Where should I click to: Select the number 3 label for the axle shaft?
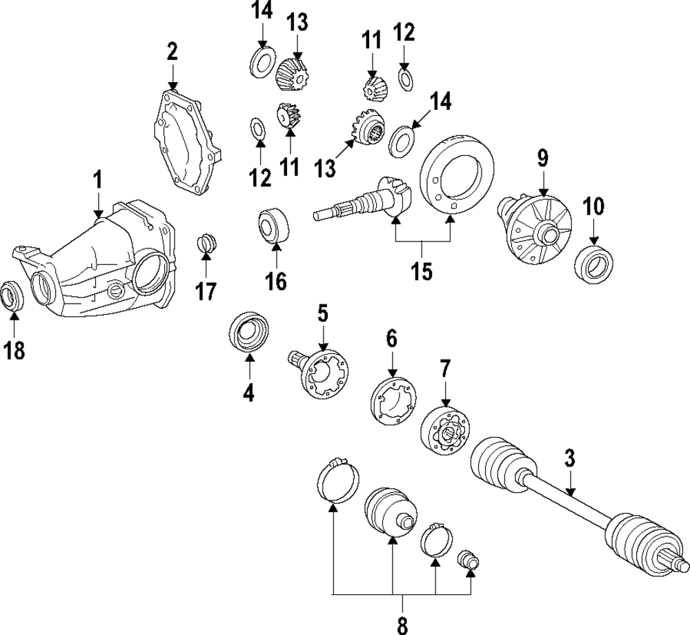570,458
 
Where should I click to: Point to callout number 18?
14,351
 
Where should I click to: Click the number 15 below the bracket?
422,271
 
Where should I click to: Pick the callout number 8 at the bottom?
402,624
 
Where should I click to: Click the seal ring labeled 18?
12,295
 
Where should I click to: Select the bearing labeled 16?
273,226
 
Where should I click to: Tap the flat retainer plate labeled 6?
393,401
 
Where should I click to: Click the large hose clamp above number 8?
338,480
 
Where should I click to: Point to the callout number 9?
542,158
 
